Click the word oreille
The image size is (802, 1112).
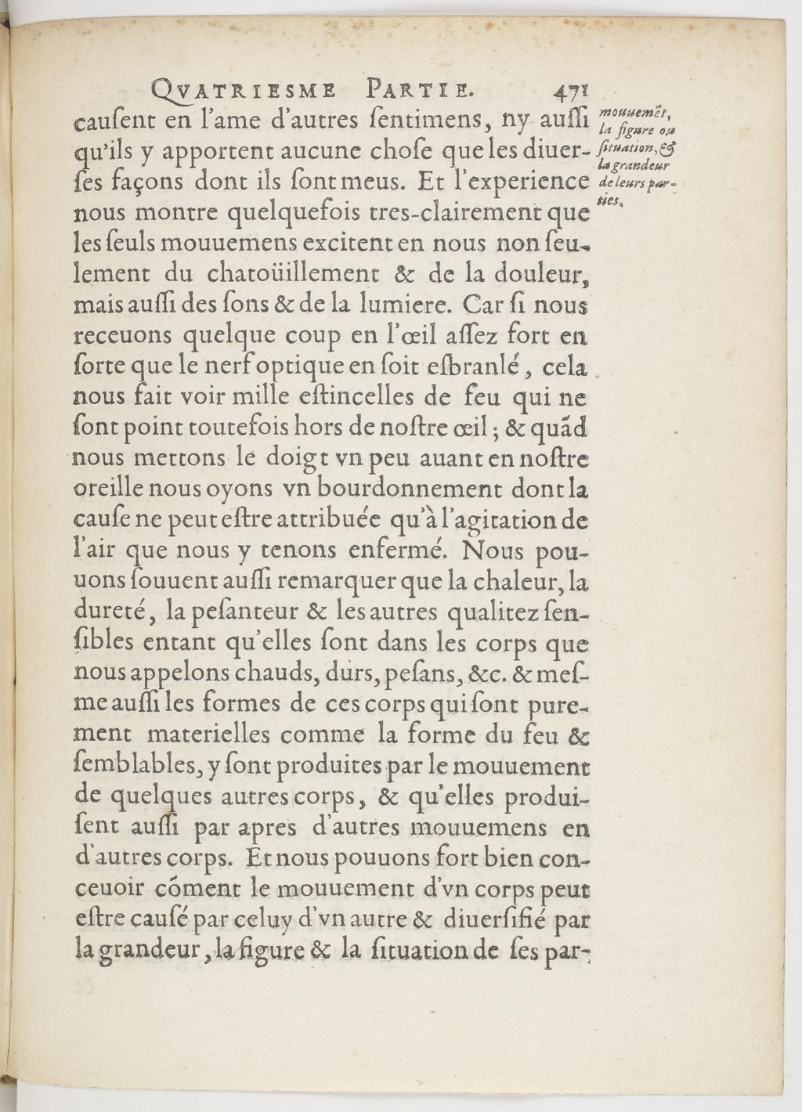pos(104,489)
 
